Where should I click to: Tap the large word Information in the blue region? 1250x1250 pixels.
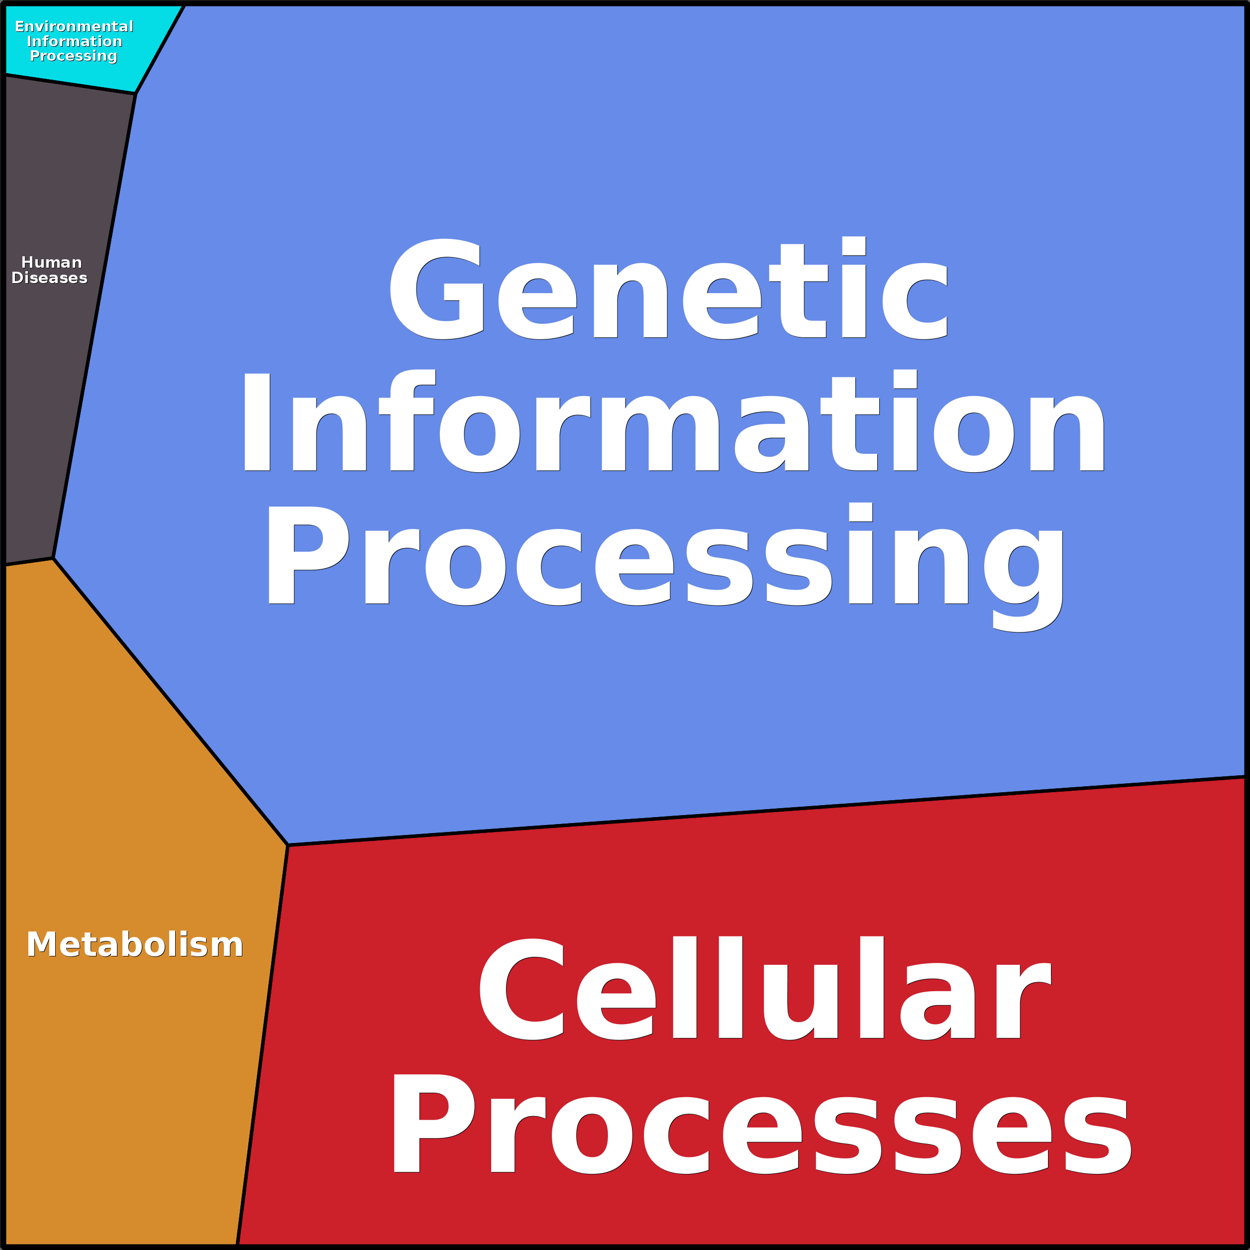pos(673,422)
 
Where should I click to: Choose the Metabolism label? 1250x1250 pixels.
pos(134,944)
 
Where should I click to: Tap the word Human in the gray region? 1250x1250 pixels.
pos(52,262)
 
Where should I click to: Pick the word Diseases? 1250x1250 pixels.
pos(50,278)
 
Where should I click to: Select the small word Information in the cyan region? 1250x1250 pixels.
pos(75,41)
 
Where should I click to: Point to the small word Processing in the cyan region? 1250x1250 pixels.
pos(74,56)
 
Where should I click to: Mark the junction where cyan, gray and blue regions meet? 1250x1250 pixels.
pos(135,93)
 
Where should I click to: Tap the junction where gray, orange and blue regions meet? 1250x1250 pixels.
pos(53,558)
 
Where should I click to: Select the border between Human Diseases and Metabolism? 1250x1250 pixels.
pos(29,561)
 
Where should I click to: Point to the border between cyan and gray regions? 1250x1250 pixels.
pos(70,84)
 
